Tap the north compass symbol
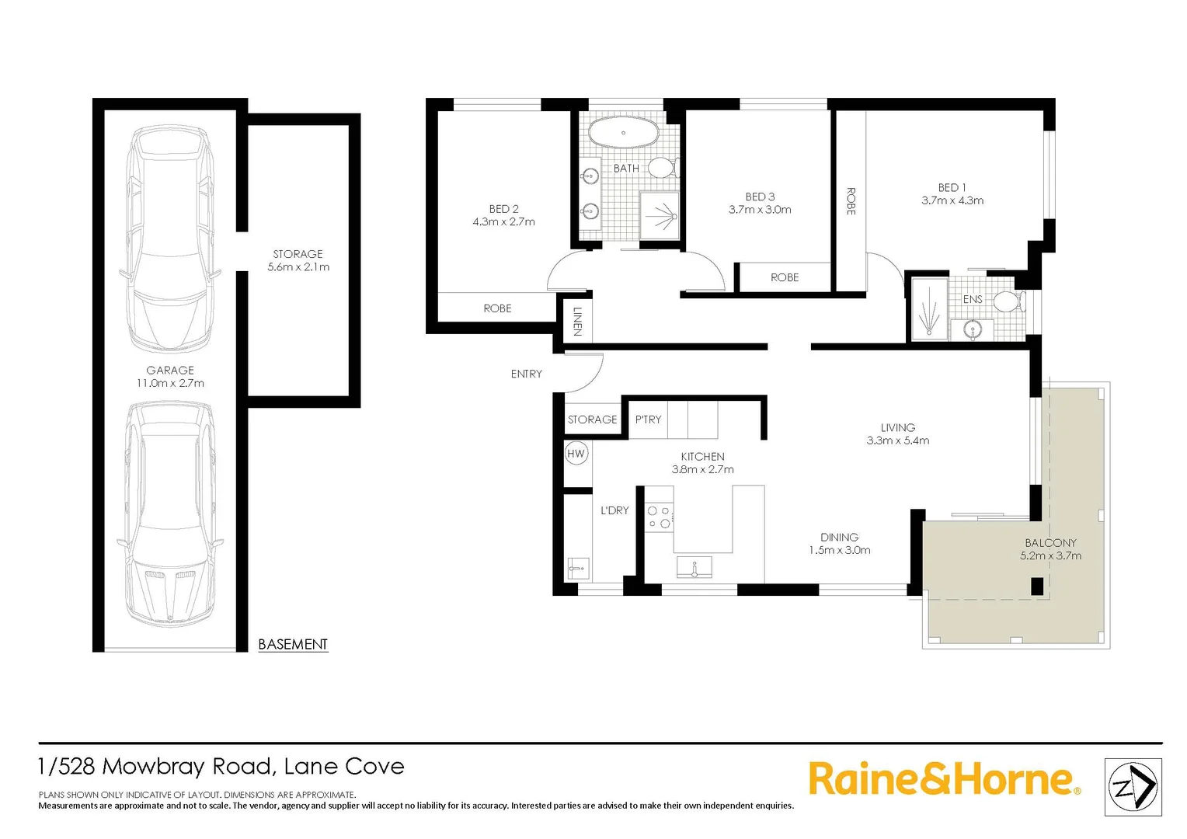(x=1133, y=788)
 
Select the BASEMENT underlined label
(x=293, y=644)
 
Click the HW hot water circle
(x=576, y=454)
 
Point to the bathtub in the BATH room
(x=623, y=133)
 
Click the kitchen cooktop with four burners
(x=660, y=517)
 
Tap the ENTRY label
(x=526, y=374)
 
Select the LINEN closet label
(x=577, y=322)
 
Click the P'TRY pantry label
(x=648, y=419)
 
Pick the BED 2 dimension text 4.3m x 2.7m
(x=503, y=222)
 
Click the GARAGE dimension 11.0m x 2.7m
(x=170, y=383)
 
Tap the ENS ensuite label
(x=973, y=299)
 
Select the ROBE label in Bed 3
(x=785, y=277)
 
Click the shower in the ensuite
(x=929, y=308)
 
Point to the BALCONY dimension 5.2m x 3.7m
(x=1050, y=555)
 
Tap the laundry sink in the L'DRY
(x=577, y=569)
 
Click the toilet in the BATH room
(x=663, y=167)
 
